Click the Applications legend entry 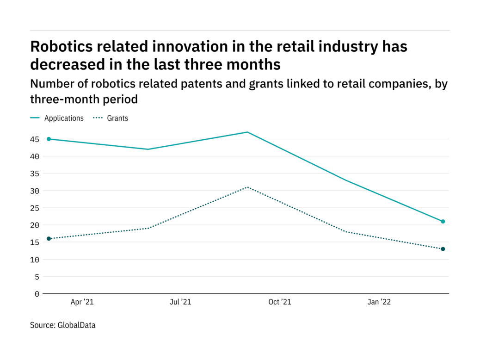64,118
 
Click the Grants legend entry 117,118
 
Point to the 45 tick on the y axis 35,139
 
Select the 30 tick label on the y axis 35,191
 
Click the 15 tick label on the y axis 35,242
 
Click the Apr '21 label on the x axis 82,302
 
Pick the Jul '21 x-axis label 180,302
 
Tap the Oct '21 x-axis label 280,302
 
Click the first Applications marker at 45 49,139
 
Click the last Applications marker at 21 443,222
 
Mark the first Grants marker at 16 49,239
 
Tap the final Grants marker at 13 443,249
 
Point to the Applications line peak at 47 247,132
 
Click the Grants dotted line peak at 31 247,187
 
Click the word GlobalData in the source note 76,325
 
